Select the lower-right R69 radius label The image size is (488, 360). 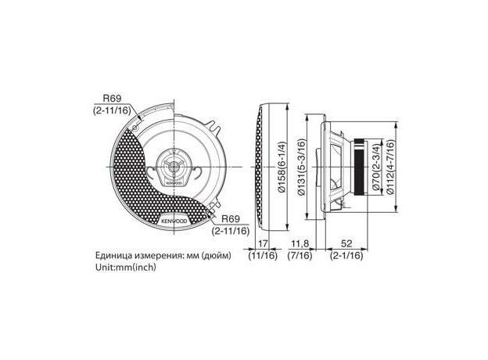click(231, 218)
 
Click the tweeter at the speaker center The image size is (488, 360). click(174, 166)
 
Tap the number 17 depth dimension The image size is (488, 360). click(264, 243)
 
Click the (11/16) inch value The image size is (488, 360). click(264, 256)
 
